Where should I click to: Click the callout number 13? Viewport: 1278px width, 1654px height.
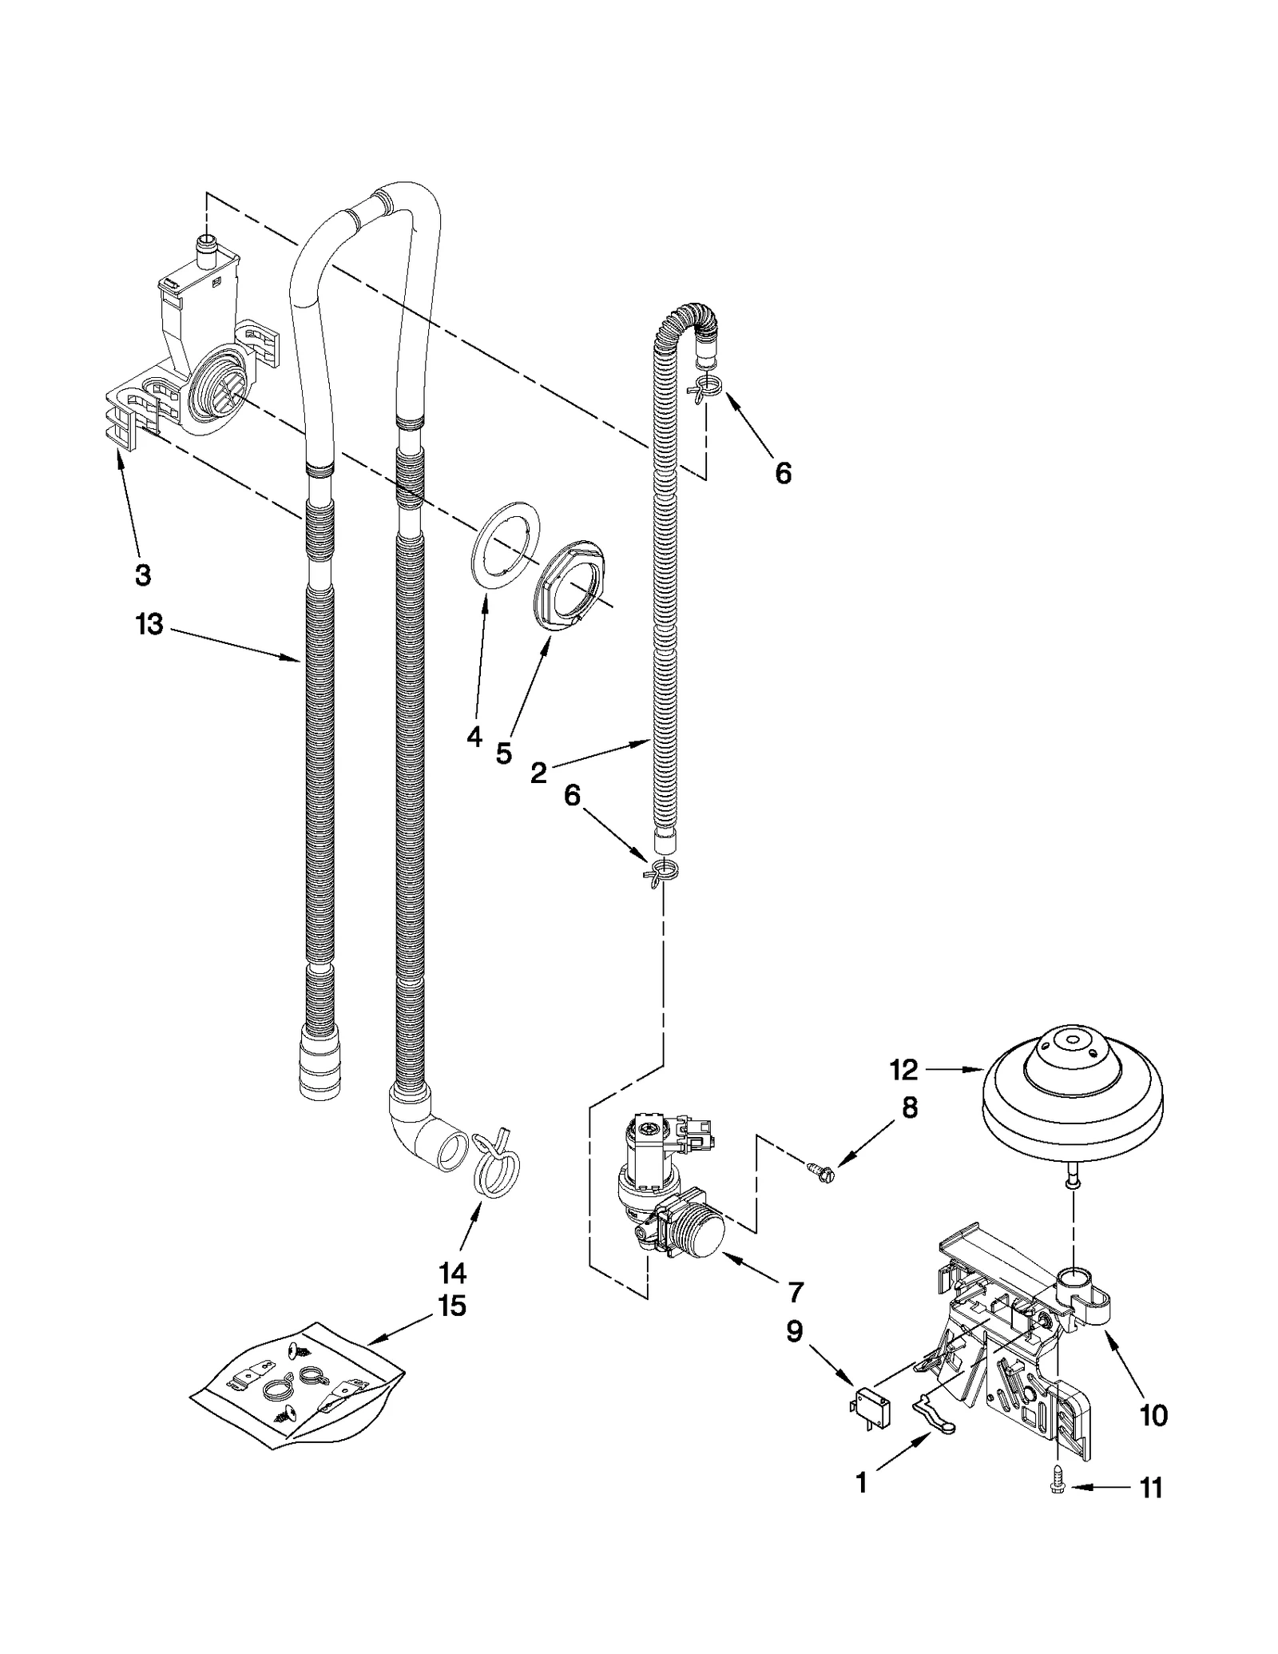pyautogui.click(x=149, y=625)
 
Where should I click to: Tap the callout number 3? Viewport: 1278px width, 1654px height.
pyautogui.click(x=142, y=574)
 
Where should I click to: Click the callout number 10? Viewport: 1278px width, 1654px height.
pyautogui.click(x=1153, y=1416)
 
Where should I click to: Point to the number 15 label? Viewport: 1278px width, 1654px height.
pyautogui.click(x=451, y=1306)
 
